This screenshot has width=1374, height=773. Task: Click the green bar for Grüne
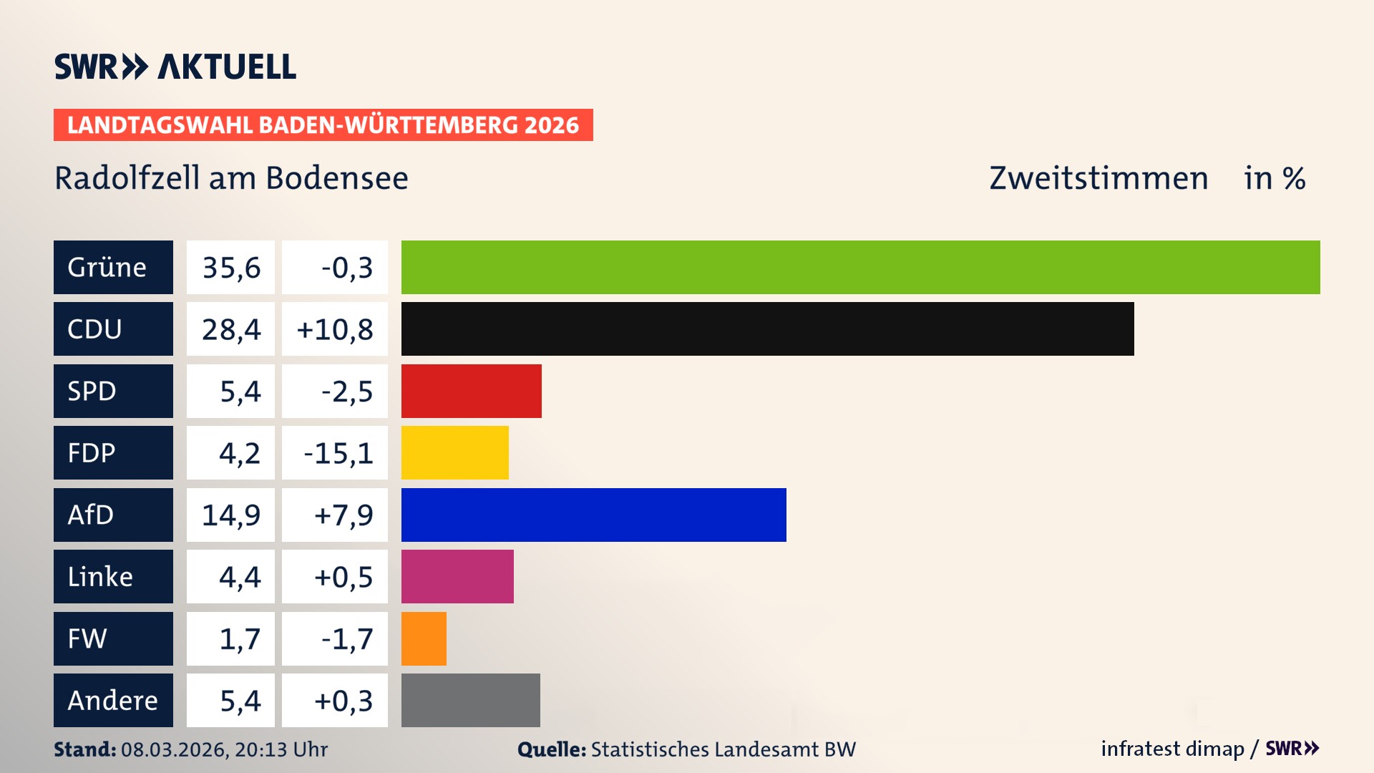860,267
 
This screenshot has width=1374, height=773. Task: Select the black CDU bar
767,329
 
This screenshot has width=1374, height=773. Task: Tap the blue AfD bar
593,515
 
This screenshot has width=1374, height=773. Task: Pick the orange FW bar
424,638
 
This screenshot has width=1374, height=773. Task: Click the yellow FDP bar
454,452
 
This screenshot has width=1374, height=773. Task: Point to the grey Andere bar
470,700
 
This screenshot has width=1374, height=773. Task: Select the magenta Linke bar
457,576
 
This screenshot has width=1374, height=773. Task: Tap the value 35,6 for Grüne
230,268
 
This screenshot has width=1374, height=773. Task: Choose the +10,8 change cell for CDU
334,329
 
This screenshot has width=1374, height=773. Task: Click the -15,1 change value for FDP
338,453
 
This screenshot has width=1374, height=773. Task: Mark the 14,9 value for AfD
230,515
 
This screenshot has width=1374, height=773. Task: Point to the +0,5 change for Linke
343,577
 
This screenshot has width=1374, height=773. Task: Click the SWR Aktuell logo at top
175,67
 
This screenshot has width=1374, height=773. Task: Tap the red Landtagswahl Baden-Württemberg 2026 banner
323,125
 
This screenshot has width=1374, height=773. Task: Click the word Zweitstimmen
1098,178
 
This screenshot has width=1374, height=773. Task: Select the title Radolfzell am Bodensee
231,178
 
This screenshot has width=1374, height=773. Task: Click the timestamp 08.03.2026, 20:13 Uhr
224,749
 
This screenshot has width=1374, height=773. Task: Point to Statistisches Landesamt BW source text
723,749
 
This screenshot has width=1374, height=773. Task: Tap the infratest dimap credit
1172,749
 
